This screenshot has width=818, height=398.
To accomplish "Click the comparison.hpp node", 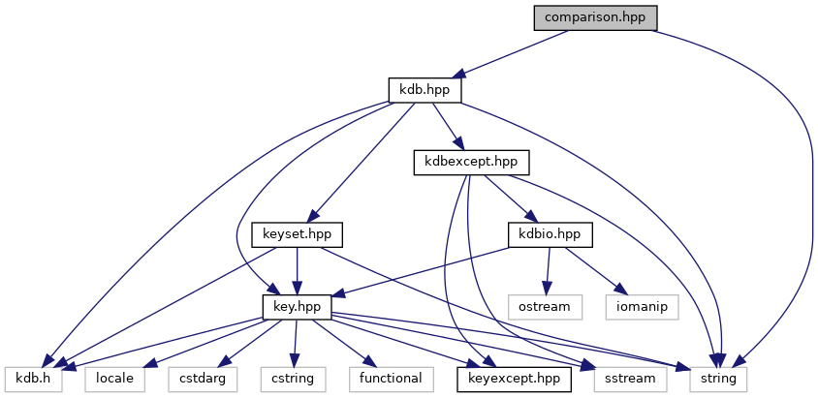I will coord(596,17).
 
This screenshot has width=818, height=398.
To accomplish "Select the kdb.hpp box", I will coord(425,90).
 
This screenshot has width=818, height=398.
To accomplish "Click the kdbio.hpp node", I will coord(550,233).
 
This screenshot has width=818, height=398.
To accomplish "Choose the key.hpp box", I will coord(298,306).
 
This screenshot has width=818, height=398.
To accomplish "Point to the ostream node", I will coord(546,306).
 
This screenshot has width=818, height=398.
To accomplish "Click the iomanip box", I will coord(641,306).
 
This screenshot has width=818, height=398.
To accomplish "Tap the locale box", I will coord(115,378).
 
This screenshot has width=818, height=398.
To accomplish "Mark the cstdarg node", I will coord(202,378).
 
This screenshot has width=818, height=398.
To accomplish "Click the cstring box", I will coord(292,378).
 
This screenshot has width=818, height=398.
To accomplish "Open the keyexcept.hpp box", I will coord(514,378).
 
